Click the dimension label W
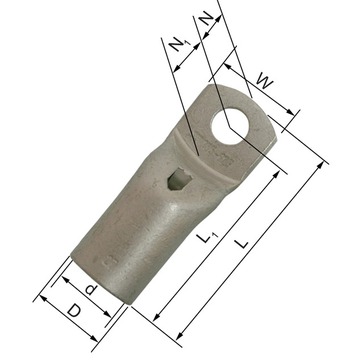[x=265, y=82]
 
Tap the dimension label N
[x=207, y=20]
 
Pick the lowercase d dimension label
[x=90, y=289]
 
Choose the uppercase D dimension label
[x=74, y=311]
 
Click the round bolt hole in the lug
[x=230, y=126]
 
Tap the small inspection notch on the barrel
[x=179, y=179]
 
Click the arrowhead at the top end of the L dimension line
[x=321, y=165]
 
